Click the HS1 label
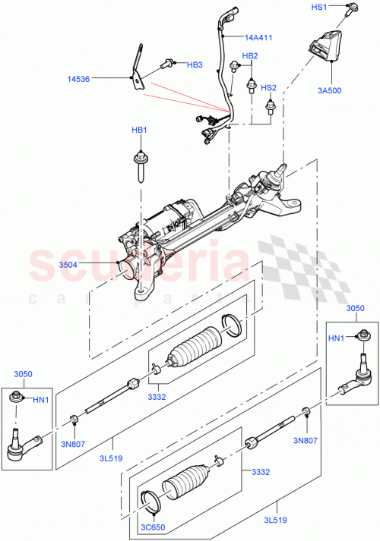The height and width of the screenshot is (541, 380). click(x=318, y=7)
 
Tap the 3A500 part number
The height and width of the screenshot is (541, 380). click(x=330, y=91)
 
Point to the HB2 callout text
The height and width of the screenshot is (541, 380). click(x=250, y=56)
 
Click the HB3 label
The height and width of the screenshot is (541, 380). click(x=195, y=65)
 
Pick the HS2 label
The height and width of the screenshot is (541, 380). click(x=269, y=87)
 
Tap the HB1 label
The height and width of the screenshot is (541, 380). click(x=138, y=131)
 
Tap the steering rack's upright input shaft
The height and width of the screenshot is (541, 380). click(x=283, y=168)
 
